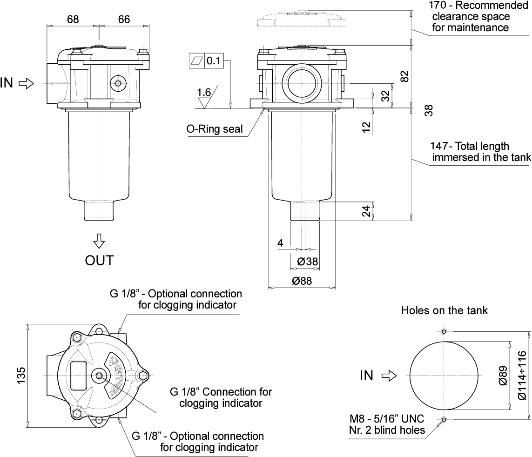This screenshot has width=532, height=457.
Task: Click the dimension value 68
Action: [x=73, y=20]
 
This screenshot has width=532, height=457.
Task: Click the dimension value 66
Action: [x=123, y=20]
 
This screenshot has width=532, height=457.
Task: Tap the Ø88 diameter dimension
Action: [x=302, y=281]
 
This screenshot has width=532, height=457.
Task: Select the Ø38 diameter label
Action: [x=307, y=262]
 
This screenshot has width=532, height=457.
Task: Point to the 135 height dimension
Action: [x=21, y=375]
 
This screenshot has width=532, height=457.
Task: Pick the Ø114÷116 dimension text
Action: [x=522, y=375]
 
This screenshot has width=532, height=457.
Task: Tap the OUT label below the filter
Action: [x=99, y=260]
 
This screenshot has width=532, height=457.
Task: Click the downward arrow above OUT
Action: [x=99, y=241]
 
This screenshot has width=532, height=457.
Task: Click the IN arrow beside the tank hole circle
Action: [x=388, y=375]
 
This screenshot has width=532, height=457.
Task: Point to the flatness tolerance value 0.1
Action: [x=215, y=60]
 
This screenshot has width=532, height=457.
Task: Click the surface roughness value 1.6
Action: [x=204, y=93]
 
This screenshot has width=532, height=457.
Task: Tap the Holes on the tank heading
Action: [x=444, y=310]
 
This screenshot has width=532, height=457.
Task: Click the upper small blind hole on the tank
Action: [x=444, y=331]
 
